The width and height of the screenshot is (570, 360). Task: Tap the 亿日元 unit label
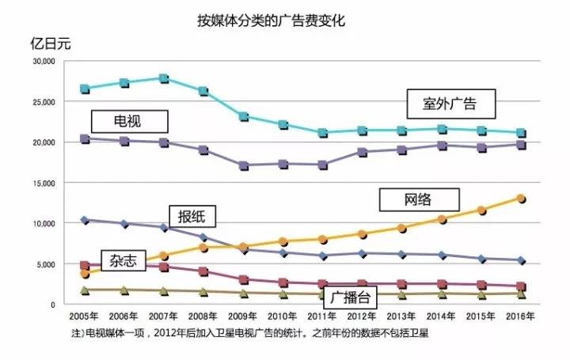50,44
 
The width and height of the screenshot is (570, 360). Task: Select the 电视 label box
130,120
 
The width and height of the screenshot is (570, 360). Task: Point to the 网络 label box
419,199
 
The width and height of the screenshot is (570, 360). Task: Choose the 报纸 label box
192,217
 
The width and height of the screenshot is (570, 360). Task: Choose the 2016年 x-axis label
520,316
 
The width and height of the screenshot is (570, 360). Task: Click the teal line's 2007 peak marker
164,78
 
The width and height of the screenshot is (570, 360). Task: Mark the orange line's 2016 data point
521,199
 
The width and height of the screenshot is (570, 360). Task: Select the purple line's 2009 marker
243,165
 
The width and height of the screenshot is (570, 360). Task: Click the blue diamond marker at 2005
85,220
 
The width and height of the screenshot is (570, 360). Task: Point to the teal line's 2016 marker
521,133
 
